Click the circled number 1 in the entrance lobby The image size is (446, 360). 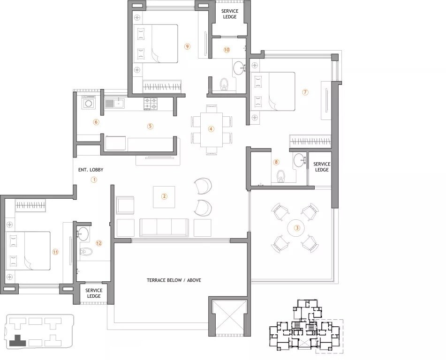[94, 180]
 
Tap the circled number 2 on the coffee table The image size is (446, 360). [164, 196]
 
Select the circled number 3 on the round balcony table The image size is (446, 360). [296, 228]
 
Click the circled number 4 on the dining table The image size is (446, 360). [211, 129]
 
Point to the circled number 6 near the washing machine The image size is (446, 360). [96, 122]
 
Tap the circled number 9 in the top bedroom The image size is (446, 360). [187, 46]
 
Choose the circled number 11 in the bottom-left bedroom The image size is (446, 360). [55, 252]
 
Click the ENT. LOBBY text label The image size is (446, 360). [91, 170]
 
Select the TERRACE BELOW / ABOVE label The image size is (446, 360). [174, 280]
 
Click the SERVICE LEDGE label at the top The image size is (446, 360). [229, 14]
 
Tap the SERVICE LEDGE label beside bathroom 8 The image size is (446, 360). [322, 167]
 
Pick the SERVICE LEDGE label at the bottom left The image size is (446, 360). [94, 293]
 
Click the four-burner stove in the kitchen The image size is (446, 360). [151, 103]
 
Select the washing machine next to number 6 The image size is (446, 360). [88, 102]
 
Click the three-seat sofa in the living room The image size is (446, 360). [164, 227]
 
